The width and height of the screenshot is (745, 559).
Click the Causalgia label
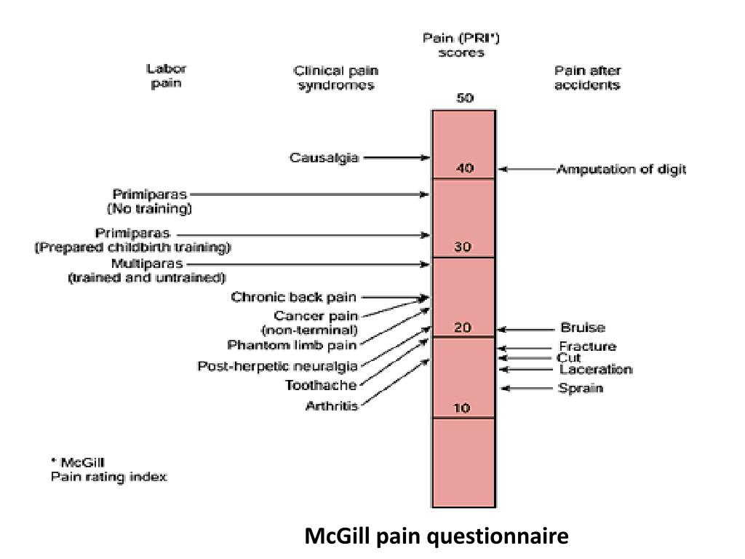coord(324,158)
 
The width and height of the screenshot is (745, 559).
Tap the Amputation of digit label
coord(621,169)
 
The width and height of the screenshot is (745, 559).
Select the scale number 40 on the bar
coord(464,168)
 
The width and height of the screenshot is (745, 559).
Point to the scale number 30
coord(463,247)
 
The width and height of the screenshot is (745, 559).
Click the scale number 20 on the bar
coord(462,327)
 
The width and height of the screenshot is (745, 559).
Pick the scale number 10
coord(462,408)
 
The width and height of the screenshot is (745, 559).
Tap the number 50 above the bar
coord(465,98)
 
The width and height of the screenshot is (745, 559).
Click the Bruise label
coord(583,328)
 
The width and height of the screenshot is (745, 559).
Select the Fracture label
coord(588,346)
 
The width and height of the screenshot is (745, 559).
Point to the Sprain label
coord(581,389)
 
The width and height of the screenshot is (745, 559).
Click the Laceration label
coord(596,369)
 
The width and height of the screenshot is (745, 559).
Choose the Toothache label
coord(321,385)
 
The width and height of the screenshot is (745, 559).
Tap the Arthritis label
coord(332,406)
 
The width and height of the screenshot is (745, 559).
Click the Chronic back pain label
coord(294,298)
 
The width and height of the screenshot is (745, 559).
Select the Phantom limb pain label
coord(292,345)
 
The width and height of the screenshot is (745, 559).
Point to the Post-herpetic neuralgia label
coord(277,367)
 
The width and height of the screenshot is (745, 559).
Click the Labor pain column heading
coord(167,76)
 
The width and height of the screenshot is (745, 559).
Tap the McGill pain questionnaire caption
coord(437,536)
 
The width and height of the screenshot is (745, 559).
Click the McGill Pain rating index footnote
coord(109,469)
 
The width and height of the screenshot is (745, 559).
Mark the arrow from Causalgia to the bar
coord(397,158)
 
